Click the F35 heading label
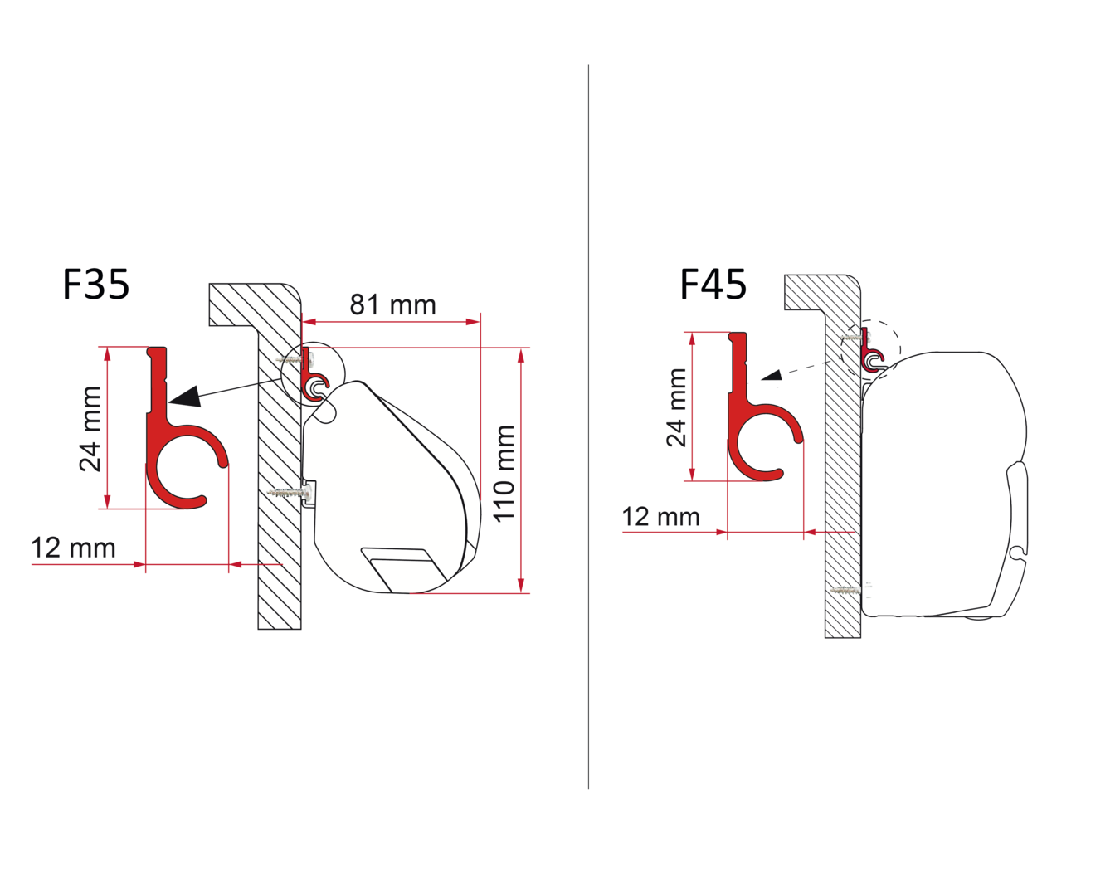tap(95, 285)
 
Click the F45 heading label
tap(713, 285)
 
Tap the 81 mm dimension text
tap(392, 304)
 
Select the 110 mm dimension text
tap(504, 473)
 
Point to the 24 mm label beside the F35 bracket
tap(90, 428)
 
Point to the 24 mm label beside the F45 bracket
tap(677, 407)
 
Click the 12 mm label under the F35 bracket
tap(73, 548)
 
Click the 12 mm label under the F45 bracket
tap(661, 517)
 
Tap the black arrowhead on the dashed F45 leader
tap(772, 375)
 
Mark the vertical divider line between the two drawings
tap(589, 427)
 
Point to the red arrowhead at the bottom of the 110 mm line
tap(521, 585)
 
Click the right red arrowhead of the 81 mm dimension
tap(473, 322)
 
